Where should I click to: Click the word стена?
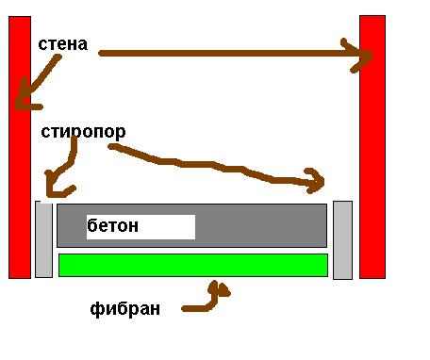click(x=63, y=44)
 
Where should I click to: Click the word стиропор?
click(x=83, y=132)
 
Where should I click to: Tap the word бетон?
click(x=112, y=225)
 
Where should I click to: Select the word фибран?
click(x=124, y=309)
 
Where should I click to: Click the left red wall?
click(x=20, y=147)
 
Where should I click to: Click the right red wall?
click(x=372, y=147)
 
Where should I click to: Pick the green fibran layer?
click(x=193, y=265)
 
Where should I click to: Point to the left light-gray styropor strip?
click(x=43, y=239)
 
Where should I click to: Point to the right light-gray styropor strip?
click(x=342, y=240)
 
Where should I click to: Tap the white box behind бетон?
click(x=141, y=227)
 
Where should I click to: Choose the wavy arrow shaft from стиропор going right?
click(x=214, y=164)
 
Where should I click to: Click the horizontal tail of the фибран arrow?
click(x=196, y=308)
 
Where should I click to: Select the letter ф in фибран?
click(x=95, y=310)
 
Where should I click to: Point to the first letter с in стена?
click(x=42, y=45)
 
